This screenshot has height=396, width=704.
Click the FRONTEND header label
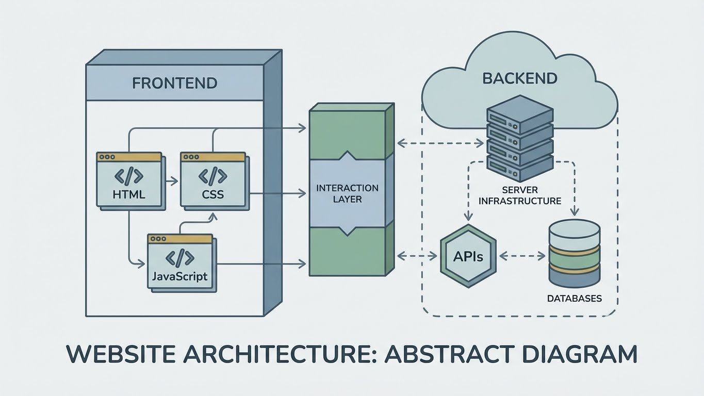[174, 83]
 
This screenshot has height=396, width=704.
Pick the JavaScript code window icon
[180, 262]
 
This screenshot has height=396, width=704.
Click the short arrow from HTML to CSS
[170, 181]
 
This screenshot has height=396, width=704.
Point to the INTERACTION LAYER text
[347, 193]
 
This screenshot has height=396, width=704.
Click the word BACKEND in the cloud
[520, 78]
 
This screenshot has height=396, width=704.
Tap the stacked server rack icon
[520, 137]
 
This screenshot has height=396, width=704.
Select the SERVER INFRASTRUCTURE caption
[520, 196]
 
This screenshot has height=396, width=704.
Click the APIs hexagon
[468, 256]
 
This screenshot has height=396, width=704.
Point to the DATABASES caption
[575, 299]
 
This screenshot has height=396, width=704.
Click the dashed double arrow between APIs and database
[521, 255]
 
